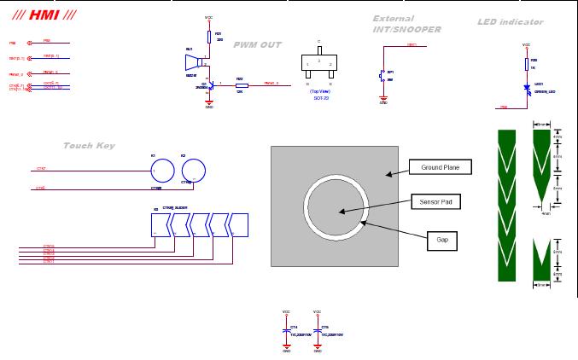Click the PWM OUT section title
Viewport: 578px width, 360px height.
coord(257,44)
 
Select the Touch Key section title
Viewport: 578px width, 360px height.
coord(89,146)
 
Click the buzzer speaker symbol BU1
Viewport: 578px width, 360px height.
coord(192,62)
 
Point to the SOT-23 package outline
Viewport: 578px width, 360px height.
coord(318,65)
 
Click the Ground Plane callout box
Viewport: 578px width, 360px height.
coord(441,168)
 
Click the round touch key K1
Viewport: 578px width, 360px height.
coord(160,170)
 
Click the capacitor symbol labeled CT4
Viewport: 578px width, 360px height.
coord(287,328)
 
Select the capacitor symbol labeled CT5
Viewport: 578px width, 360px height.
coord(318,328)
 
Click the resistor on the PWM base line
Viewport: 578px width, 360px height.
coord(242,85)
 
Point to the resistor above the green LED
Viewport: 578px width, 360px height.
coord(527,63)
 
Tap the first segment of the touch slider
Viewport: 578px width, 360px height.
coord(161,224)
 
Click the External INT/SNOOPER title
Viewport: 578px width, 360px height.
coord(406,24)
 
